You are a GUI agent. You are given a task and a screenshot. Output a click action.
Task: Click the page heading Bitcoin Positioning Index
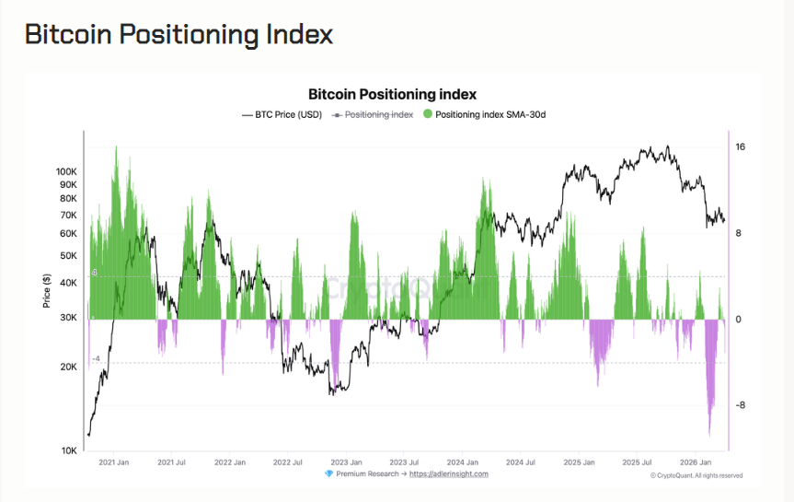click(x=178, y=34)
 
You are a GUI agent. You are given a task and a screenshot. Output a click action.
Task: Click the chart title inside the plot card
click(x=391, y=94)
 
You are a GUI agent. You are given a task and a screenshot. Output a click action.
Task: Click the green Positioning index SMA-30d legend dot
click(x=428, y=114)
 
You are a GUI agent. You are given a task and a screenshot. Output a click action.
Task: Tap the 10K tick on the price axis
click(x=70, y=450)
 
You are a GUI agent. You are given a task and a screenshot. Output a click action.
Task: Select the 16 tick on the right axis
click(x=740, y=147)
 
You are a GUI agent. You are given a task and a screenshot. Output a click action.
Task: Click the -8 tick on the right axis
click(x=740, y=405)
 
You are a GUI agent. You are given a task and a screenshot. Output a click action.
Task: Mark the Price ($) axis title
click(x=46, y=291)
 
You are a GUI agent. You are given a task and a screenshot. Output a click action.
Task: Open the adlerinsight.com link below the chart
click(x=448, y=473)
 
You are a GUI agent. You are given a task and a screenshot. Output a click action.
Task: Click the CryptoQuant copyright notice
click(x=696, y=475)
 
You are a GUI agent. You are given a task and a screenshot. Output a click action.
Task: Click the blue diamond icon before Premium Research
click(x=329, y=473)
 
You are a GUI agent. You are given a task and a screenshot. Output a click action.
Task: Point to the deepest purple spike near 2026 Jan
click(x=709, y=433)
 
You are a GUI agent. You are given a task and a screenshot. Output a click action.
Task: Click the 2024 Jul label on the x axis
click(x=520, y=462)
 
